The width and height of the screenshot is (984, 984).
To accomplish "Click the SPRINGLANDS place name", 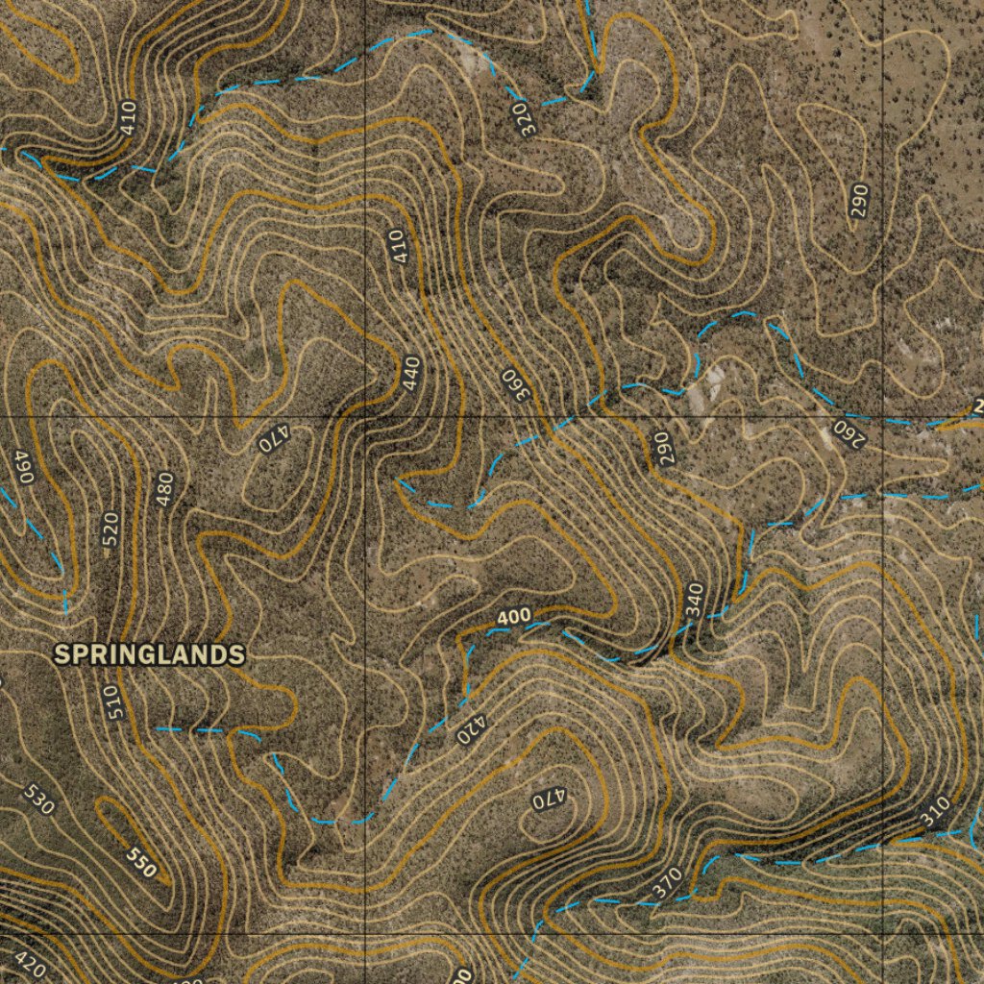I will tap(149, 654).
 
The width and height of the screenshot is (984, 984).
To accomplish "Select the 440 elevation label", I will tap(412, 374).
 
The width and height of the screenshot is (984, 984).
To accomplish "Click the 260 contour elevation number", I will tap(849, 432).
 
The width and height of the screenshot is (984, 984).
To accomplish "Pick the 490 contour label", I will tap(24, 467).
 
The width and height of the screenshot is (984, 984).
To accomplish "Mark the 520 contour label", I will tap(111, 529).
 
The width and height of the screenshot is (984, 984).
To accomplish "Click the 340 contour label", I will tap(695, 600).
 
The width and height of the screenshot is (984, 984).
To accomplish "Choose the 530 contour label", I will tap(37, 799).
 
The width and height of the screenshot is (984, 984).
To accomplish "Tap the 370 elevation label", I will tap(667, 883).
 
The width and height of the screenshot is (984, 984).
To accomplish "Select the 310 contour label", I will tap(934, 813).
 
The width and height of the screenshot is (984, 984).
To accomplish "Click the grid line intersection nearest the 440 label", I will tap(366, 416).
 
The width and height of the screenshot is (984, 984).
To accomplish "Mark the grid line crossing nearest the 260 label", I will tap(883, 416).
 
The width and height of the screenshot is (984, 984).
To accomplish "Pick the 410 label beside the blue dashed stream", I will tap(129, 117).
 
